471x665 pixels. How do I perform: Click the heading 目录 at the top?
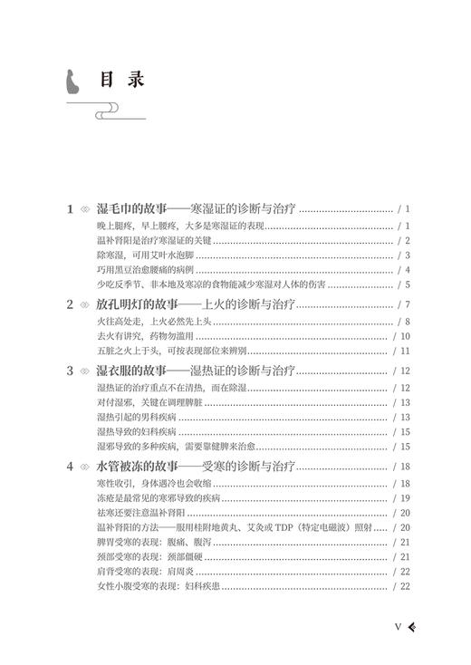click(x=122, y=80)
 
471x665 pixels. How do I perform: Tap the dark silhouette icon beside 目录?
click(x=66, y=82)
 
